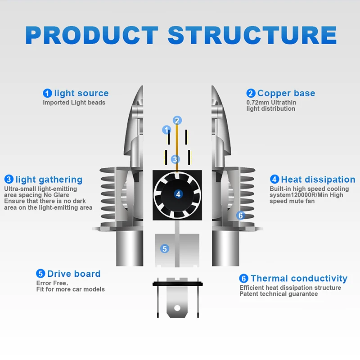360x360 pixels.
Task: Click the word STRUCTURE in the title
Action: [x=252, y=35]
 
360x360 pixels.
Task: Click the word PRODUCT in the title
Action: [x=92, y=35]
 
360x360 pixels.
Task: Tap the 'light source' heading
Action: [x=81, y=94]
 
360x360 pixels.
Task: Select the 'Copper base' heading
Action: [x=286, y=94]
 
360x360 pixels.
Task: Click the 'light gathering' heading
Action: [x=49, y=180]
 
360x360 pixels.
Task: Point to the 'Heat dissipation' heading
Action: [x=318, y=180]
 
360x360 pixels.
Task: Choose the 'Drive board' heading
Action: [x=74, y=274]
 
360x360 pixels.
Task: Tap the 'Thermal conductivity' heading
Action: [x=299, y=279]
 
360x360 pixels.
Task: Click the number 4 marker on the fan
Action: [x=179, y=194]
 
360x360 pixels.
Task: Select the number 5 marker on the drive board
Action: [x=165, y=248]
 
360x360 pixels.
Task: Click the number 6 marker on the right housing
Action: [x=240, y=216]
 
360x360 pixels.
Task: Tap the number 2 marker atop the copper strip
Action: [x=177, y=120]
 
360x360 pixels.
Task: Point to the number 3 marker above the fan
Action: [x=175, y=159]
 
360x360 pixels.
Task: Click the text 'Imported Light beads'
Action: [x=74, y=103]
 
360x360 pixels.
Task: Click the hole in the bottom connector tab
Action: [x=177, y=309]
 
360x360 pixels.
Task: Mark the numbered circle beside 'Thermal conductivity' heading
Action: [x=243, y=279]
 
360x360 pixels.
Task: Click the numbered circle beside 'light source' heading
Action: [x=48, y=94]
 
